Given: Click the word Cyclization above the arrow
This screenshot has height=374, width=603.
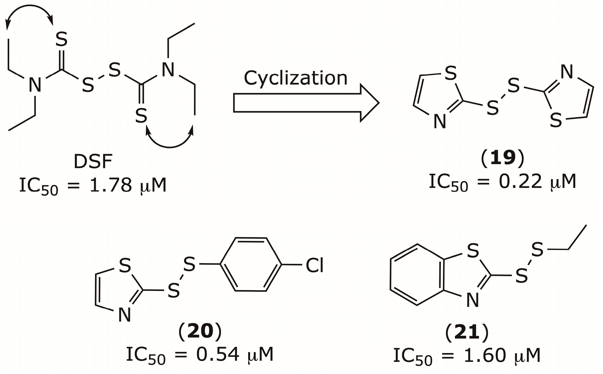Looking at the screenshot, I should pyautogui.click(x=296, y=78).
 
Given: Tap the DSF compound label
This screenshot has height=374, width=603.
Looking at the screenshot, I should pyautogui.click(x=93, y=161).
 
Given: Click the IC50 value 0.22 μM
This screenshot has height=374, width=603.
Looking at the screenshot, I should pyautogui.click(x=503, y=182).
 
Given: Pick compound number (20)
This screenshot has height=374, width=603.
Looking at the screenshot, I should pyautogui.click(x=200, y=332).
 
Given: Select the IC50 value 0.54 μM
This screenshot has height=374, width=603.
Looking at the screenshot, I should pyautogui.click(x=200, y=355).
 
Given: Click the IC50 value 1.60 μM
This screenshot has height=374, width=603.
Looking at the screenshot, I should pyautogui.click(x=467, y=356).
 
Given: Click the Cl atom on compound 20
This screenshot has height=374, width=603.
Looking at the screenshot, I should pyautogui.click(x=315, y=266).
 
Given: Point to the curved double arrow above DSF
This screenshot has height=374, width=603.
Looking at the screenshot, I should pyautogui.click(x=29, y=12).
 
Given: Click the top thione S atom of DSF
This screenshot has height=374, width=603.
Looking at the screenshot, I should pyautogui.click(x=62, y=39).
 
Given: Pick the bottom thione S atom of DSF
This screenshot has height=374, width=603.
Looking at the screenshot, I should pyautogui.click(x=141, y=116).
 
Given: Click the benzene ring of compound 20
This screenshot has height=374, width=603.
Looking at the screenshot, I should pyautogui.click(x=251, y=264).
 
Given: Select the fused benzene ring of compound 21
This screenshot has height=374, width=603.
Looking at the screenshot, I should pyautogui.click(x=417, y=274).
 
